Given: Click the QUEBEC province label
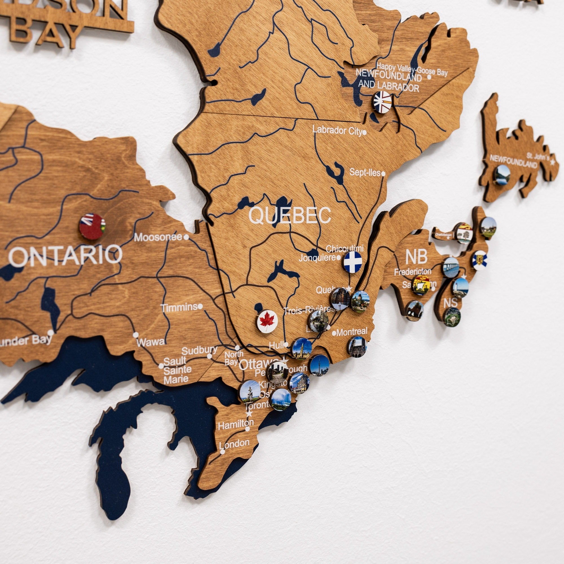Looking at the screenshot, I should tap(290, 215).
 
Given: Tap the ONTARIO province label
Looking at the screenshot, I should tap(65, 256).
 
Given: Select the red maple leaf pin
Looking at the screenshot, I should tap(267, 321).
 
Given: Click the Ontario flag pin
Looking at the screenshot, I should tap(92, 226).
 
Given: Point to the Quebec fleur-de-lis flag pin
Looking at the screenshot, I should tap(353, 262).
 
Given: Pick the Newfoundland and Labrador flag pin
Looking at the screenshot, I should tap(382, 102).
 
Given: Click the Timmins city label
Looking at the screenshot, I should tap(179, 307).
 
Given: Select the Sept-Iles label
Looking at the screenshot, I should tap(365, 173).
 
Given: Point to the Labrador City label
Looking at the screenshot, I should tap(337, 130).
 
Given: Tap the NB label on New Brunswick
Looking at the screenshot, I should tap(416, 257).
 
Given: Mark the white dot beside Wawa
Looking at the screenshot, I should tap(136, 335).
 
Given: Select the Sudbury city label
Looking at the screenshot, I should tap(199, 350).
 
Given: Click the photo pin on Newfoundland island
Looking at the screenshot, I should tap(502, 175).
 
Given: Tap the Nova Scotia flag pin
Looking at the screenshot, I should tap(480, 260).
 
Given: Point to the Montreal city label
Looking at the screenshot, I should tap(351, 332).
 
